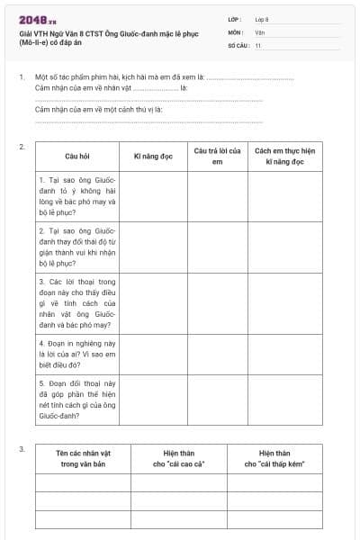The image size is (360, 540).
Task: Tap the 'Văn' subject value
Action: click(260, 31)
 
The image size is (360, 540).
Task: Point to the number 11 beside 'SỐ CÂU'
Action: click(258, 44)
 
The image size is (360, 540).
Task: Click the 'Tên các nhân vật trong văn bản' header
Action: click(83, 459)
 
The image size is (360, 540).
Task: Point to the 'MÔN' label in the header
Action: click(235, 31)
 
